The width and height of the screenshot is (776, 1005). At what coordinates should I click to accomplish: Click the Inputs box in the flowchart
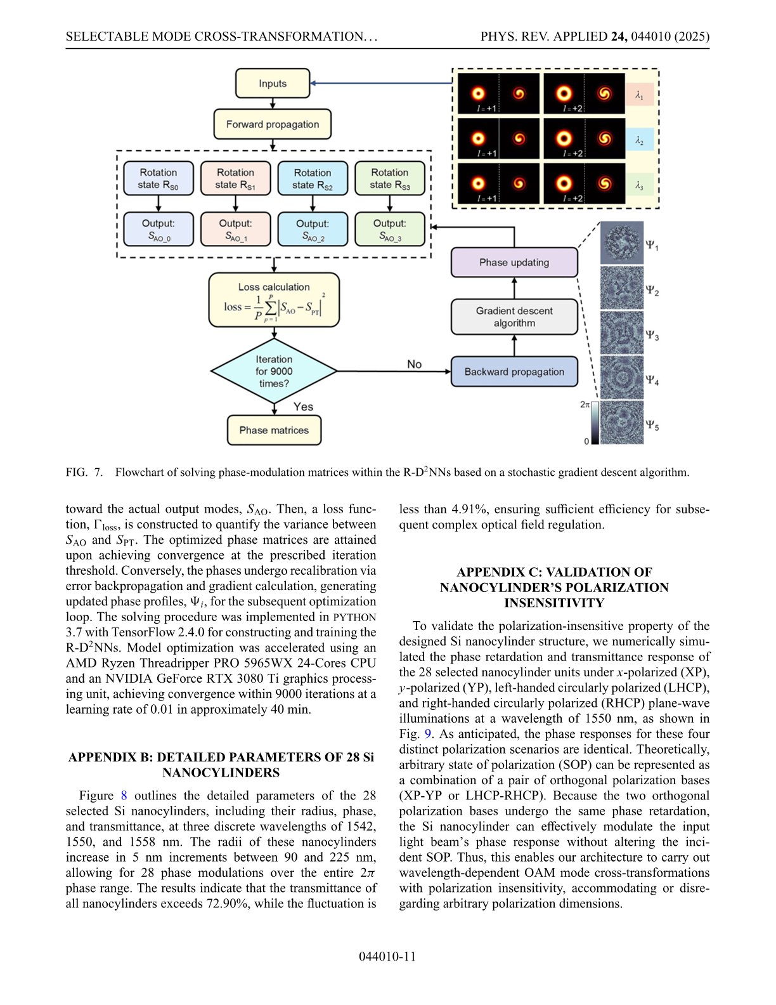click(x=273, y=84)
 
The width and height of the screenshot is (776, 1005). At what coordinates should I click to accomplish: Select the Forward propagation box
click(x=273, y=124)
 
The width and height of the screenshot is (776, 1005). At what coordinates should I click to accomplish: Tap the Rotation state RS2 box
click(x=313, y=178)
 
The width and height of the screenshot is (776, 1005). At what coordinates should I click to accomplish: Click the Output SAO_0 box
click(x=158, y=229)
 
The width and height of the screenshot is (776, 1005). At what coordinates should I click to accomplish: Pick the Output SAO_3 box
click(x=390, y=229)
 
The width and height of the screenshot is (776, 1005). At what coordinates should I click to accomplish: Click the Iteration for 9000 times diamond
click(x=274, y=371)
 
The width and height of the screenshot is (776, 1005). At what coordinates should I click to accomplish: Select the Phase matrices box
click(x=274, y=430)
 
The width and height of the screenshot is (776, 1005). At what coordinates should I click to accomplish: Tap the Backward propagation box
click(x=514, y=372)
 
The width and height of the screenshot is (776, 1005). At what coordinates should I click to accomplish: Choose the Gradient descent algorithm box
click(x=514, y=317)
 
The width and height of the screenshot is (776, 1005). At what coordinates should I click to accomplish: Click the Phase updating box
click(x=514, y=263)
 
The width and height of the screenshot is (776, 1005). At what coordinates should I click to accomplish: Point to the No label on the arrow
click(x=414, y=364)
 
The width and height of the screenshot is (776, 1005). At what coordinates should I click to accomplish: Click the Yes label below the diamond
click(x=303, y=407)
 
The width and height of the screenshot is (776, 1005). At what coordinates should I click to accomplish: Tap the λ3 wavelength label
click(x=639, y=185)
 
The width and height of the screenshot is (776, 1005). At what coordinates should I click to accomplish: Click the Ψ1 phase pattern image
click(x=622, y=243)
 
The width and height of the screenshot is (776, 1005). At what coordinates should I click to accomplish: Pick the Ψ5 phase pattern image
click(x=622, y=422)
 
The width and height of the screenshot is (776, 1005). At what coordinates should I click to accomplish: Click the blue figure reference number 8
click(x=124, y=796)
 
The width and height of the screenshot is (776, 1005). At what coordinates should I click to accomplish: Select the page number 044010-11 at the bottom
click(x=387, y=957)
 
